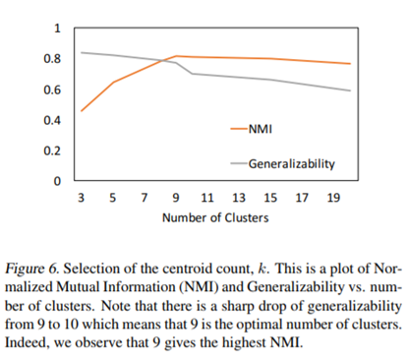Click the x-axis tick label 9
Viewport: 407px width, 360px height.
[x=175, y=197]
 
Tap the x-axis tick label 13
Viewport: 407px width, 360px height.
[x=239, y=197]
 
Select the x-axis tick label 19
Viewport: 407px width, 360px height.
[x=333, y=197]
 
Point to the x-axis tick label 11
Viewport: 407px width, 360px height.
[x=207, y=197]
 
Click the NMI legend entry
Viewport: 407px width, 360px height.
[x=261, y=128]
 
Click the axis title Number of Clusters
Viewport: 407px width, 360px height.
[x=214, y=217]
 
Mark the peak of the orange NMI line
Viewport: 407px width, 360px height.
[x=176, y=56]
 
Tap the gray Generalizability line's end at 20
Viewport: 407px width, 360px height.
[x=350, y=90]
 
